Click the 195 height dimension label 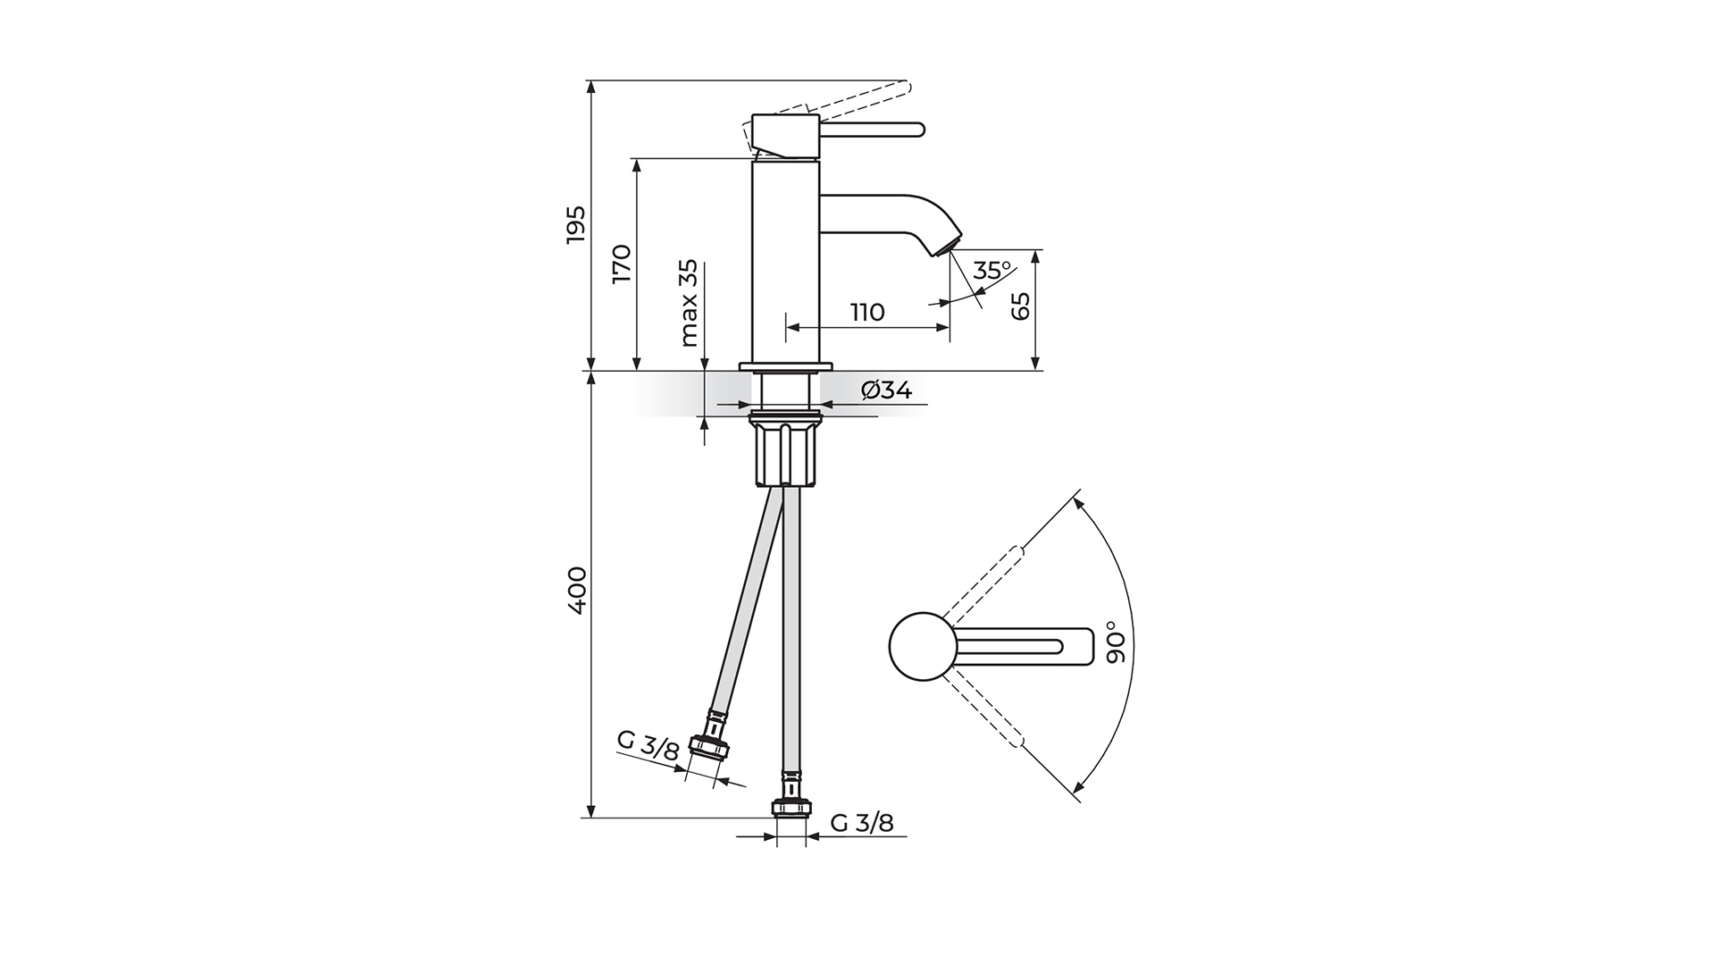[576, 224]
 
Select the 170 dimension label [622, 264]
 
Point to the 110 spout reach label [866, 313]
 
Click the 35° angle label [991, 271]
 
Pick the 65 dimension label [1020, 306]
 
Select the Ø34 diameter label [886, 390]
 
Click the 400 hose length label [576, 590]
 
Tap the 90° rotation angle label [1116, 642]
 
